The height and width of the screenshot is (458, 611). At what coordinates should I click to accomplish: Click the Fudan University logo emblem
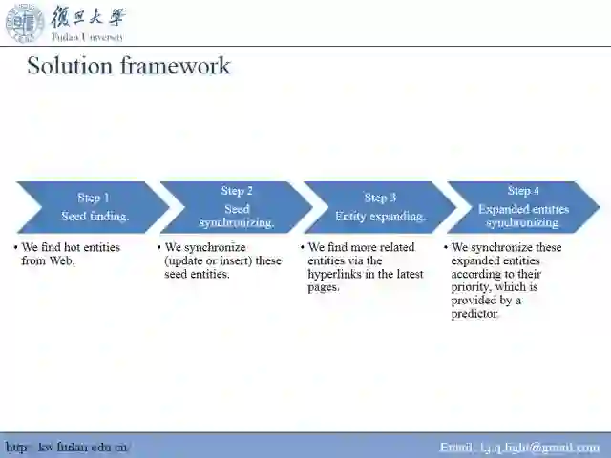[x=25, y=22]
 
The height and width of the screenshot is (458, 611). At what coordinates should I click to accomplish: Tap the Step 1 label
[x=94, y=198]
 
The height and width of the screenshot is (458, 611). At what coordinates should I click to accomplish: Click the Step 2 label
[x=237, y=192]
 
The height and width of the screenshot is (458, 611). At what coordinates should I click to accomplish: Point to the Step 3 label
[x=380, y=198]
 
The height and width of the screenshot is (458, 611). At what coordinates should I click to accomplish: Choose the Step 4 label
[x=523, y=191]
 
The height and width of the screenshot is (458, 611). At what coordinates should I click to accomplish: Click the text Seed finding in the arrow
[x=95, y=217]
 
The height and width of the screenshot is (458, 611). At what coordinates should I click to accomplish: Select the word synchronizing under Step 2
[x=237, y=223]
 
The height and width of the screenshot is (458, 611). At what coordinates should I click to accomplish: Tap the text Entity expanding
[x=380, y=217]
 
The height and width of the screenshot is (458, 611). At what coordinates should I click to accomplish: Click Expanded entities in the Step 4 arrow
[x=523, y=209]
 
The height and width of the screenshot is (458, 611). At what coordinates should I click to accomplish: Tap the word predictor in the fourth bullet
[x=474, y=314]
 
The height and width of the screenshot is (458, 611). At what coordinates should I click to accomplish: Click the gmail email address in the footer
[x=519, y=447]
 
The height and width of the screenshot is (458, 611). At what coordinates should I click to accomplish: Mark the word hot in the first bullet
[x=74, y=247]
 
